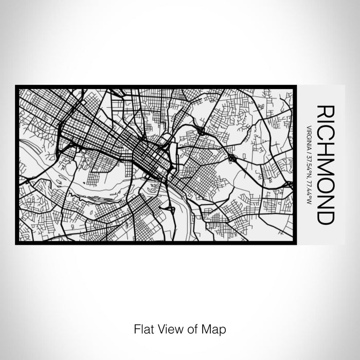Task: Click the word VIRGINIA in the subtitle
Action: point(309,137)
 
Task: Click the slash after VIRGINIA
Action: point(309,151)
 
